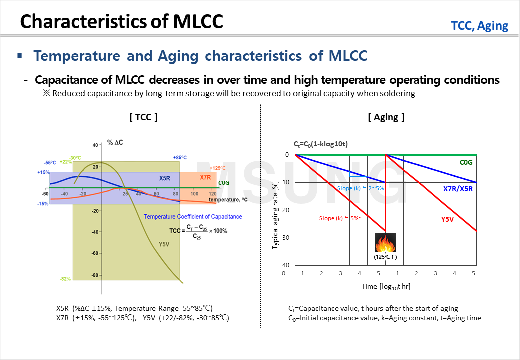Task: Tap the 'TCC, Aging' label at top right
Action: click(479, 26)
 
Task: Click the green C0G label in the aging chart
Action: click(466, 162)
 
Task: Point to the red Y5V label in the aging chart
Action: click(448, 219)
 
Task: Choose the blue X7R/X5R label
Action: click(457, 189)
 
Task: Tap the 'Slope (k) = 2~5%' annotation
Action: click(360, 188)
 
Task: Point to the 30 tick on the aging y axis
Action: click(286, 237)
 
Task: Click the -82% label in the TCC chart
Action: click(65, 278)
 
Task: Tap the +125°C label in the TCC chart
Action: click(218, 168)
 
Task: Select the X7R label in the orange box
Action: click(205, 178)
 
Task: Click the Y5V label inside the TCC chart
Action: click(164, 244)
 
